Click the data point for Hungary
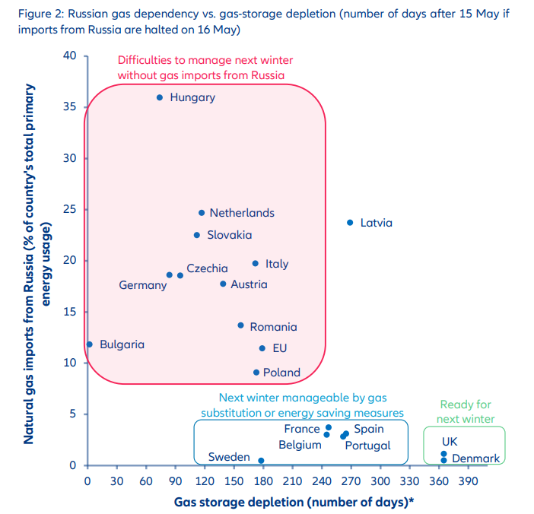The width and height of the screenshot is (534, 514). [160, 97]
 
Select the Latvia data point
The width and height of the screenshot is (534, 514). [350, 223]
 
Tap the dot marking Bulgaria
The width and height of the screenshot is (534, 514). [90, 344]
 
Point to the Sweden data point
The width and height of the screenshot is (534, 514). [261, 461]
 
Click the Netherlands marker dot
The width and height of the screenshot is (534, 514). [202, 213]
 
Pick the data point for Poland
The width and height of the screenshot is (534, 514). [256, 373]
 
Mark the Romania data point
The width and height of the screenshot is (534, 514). [241, 325]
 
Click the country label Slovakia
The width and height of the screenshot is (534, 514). [229, 235]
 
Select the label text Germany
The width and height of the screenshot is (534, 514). [142, 285]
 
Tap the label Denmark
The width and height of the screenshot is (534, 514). [475, 458]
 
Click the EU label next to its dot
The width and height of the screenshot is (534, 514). [279, 348]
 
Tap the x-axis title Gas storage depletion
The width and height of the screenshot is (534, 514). [294, 502]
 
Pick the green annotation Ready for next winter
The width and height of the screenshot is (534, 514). [466, 412]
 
